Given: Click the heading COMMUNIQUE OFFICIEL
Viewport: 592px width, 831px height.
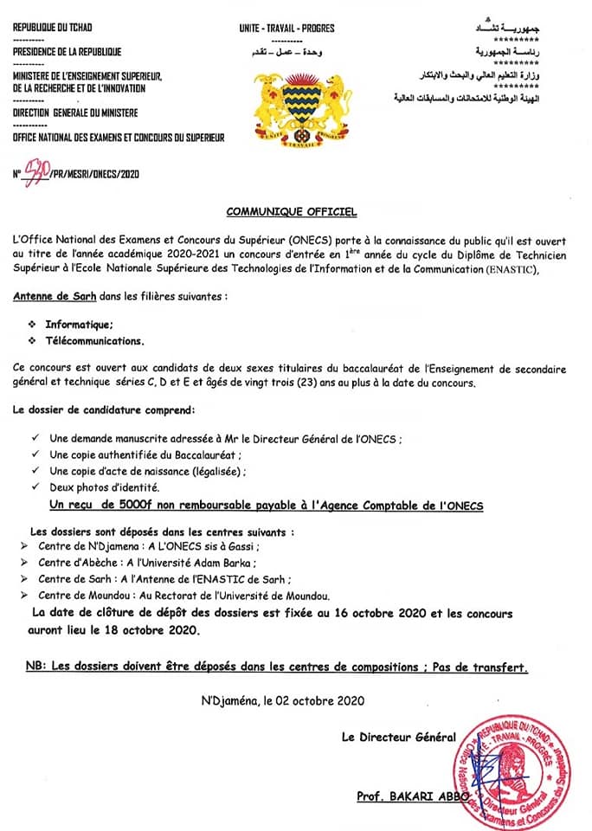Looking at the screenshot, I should [291, 211].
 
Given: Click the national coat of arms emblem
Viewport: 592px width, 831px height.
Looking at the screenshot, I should [303, 108].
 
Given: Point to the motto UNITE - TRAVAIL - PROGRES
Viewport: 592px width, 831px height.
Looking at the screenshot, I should [286, 29].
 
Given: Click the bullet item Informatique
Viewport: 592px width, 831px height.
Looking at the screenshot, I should [79, 324].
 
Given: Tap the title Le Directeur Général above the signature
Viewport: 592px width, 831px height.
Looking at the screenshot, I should [398, 737].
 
